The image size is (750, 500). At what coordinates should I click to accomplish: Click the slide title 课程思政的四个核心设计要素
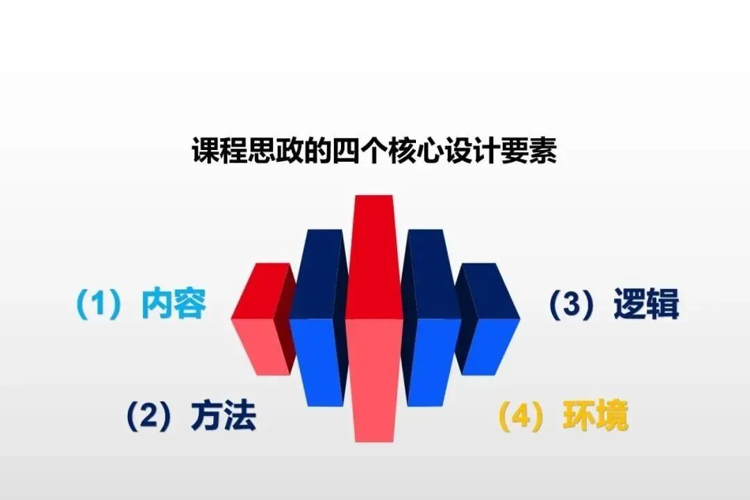click(374, 151)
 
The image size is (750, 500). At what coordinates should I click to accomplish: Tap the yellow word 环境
click(596, 416)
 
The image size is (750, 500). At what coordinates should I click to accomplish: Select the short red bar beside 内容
click(260, 326)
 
